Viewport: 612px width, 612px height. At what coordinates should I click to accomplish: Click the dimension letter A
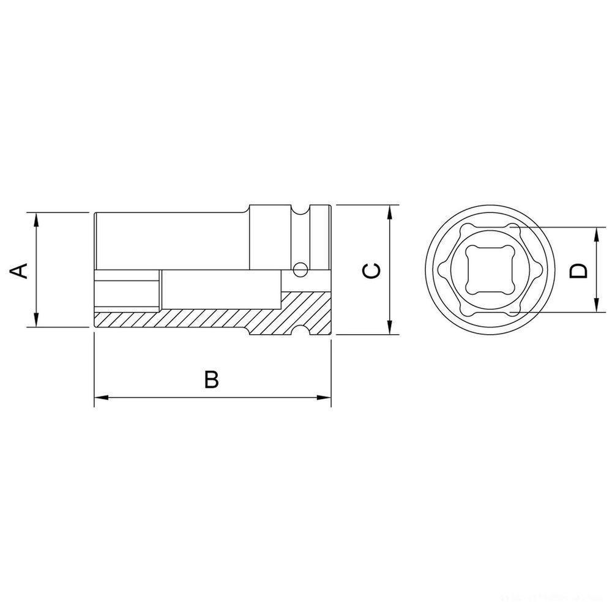tap(21, 270)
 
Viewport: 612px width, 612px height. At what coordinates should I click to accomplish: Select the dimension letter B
tap(211, 379)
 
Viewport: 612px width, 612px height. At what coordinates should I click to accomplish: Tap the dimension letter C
tap(371, 270)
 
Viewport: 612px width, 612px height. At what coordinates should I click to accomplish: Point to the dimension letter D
tap(578, 270)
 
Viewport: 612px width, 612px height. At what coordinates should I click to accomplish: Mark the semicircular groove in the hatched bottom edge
tap(301, 330)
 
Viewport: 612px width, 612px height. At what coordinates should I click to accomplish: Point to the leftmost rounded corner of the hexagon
tap(441, 270)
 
